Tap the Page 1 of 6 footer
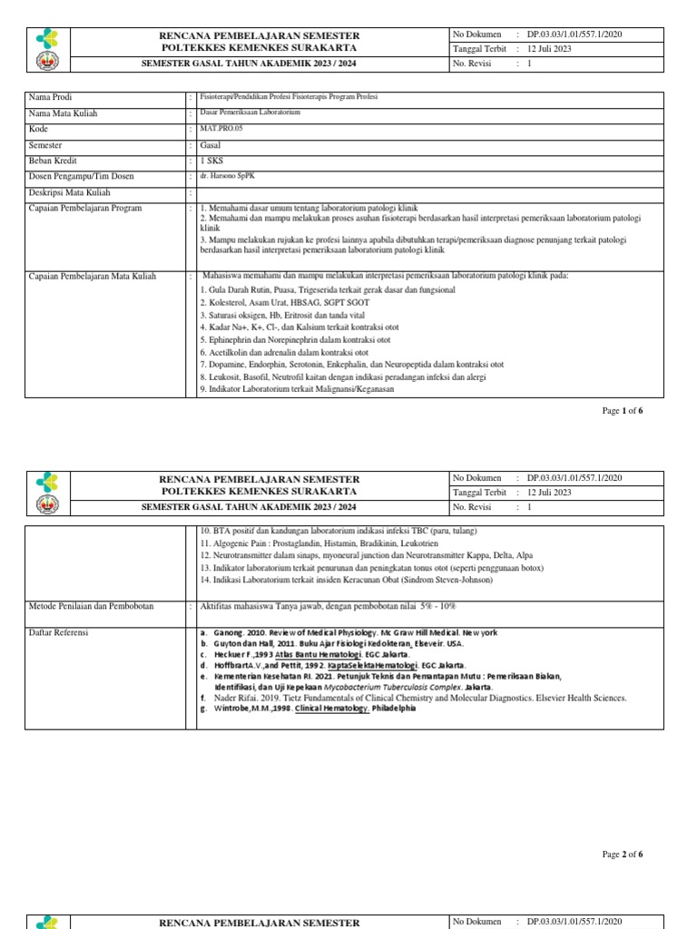coord(623,411)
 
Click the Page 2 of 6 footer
coord(623,854)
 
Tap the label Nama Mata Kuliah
coord(63,114)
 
